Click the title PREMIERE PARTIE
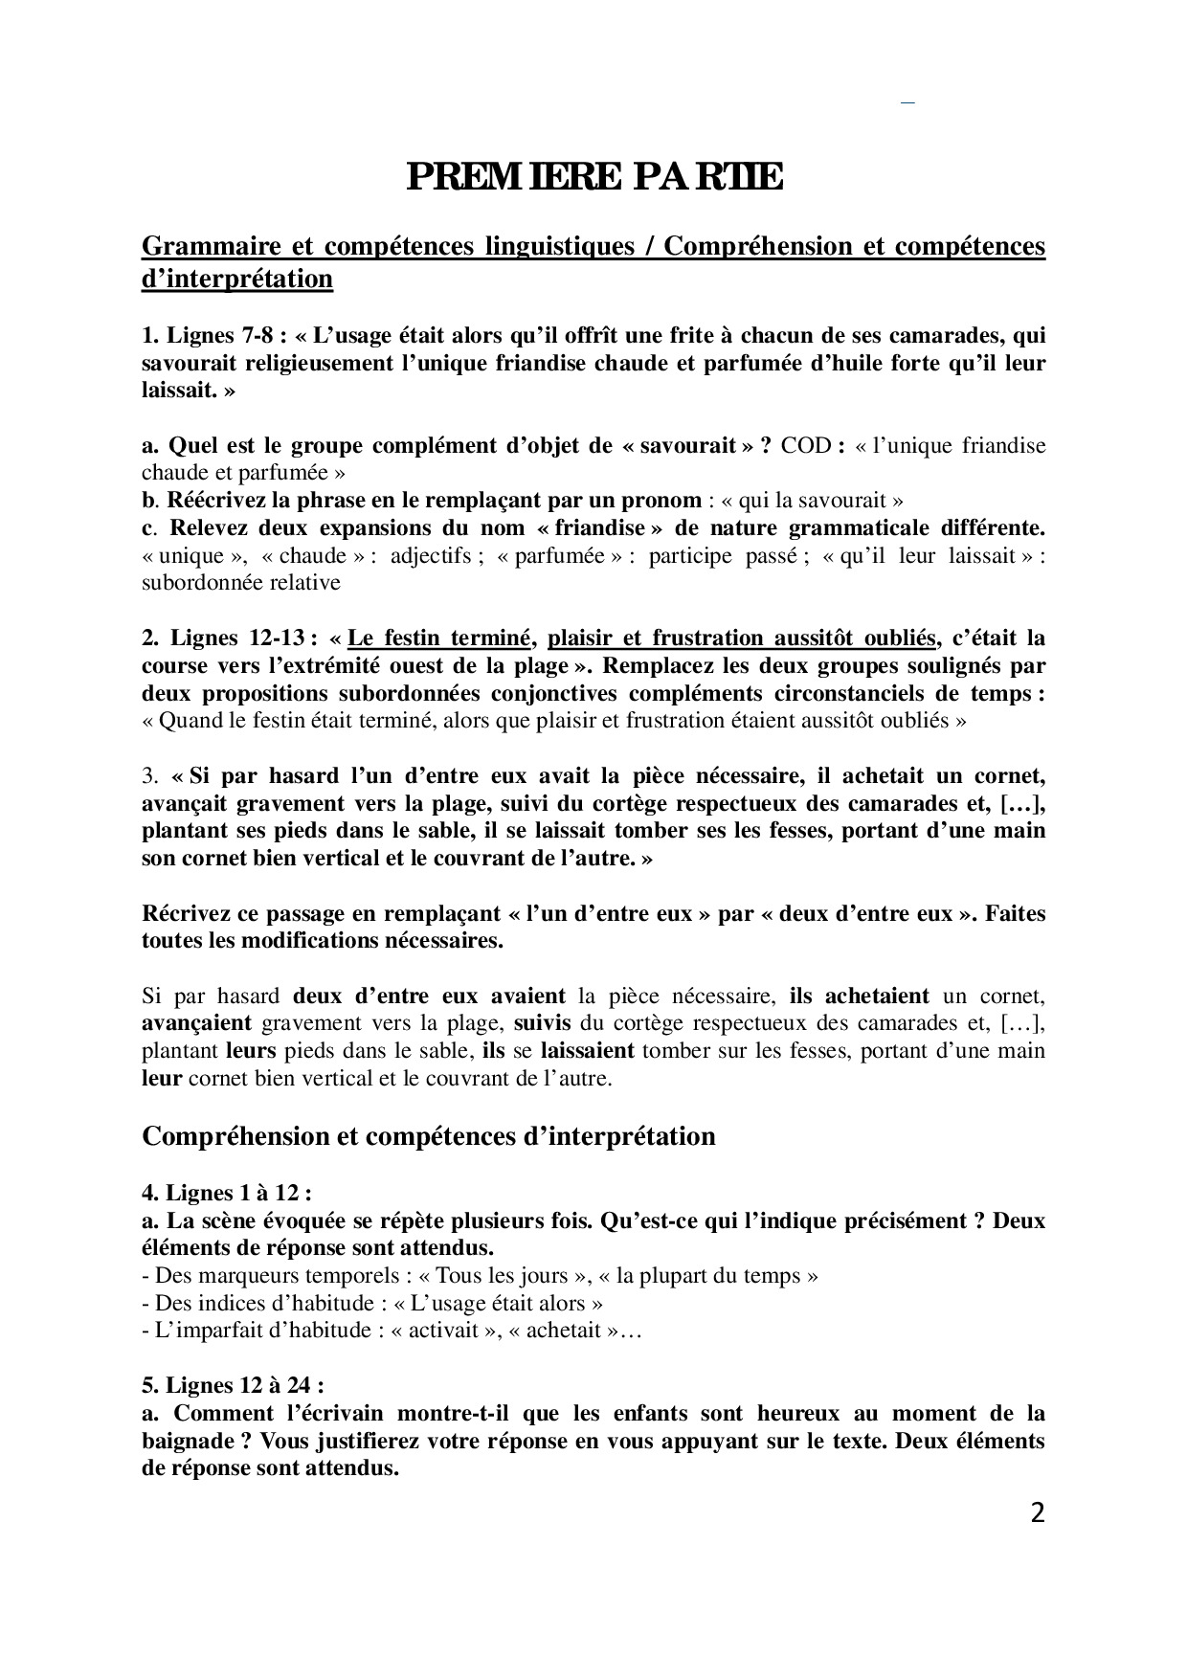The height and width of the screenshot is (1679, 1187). point(593,178)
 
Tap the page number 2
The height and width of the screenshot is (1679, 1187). point(1037,1512)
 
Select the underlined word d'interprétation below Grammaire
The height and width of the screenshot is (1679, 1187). point(237,279)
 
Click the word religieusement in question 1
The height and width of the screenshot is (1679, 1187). point(336,363)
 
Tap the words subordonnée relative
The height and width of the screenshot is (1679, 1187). point(240,582)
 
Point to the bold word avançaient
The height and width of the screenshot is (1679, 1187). point(196,1022)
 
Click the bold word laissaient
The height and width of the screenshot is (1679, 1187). point(587,1050)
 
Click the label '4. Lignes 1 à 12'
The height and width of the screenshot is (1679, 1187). point(226,1193)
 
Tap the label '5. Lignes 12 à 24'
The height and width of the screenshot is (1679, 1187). point(233,1385)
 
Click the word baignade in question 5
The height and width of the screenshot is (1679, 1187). point(192,1441)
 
